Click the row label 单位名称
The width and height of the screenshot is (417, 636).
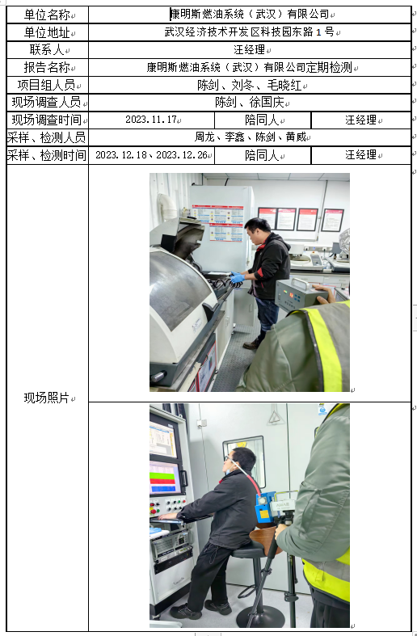[x=47, y=15]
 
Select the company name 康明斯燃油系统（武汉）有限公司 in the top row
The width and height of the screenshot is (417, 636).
[x=250, y=15]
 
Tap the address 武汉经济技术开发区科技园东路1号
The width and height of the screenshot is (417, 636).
[x=249, y=32]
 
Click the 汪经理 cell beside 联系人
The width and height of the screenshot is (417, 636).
[x=249, y=49]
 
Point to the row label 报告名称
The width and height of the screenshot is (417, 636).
[x=47, y=67]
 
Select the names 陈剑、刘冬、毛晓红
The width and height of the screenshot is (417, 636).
[x=249, y=85]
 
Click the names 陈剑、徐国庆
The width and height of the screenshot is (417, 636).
[x=249, y=102]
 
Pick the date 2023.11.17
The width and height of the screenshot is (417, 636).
[x=151, y=120]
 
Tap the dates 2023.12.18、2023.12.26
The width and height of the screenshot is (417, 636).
[x=151, y=155]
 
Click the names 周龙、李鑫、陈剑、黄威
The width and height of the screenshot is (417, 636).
[x=250, y=137]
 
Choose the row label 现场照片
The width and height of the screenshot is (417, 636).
[x=47, y=398]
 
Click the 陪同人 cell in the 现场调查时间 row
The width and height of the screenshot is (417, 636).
[x=262, y=120]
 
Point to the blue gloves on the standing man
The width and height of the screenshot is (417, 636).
[x=237, y=277]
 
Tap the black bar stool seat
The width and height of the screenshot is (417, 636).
[x=248, y=550]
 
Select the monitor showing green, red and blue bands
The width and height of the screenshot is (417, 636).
[x=164, y=478]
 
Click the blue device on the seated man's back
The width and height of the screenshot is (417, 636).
[x=264, y=507]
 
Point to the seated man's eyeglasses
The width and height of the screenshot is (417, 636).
[x=228, y=461]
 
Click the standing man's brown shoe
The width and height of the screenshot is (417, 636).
[x=251, y=344]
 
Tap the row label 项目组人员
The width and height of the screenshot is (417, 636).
[x=47, y=85]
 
